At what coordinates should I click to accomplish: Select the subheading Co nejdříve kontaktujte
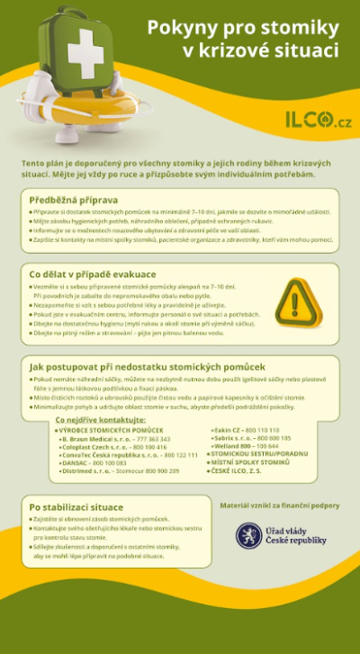pos(100,419)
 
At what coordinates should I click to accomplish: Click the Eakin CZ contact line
pos(245,430)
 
